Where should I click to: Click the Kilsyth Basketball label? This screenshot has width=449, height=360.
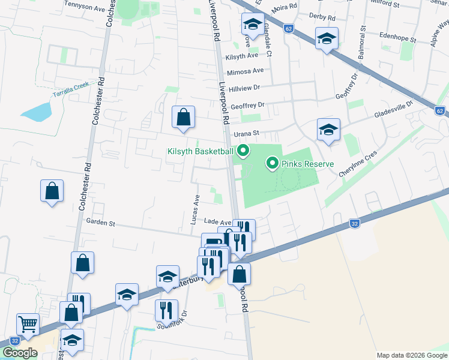click(199, 151)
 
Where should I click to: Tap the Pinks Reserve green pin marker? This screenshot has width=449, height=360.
click(272, 163)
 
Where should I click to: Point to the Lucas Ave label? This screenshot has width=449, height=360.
click(194, 209)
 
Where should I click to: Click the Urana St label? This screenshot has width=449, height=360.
click(246, 133)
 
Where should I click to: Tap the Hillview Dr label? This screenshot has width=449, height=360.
click(247, 88)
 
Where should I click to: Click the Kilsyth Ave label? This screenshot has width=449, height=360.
click(241, 55)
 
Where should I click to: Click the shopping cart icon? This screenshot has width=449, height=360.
click(28, 325)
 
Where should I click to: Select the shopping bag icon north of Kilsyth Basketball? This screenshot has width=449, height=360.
click(183, 118)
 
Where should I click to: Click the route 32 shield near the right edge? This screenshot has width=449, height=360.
click(355, 224)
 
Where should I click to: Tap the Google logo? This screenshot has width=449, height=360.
click(19, 353)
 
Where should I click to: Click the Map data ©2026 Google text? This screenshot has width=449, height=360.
click(411, 355)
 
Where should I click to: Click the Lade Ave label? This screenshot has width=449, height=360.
click(217, 222)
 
